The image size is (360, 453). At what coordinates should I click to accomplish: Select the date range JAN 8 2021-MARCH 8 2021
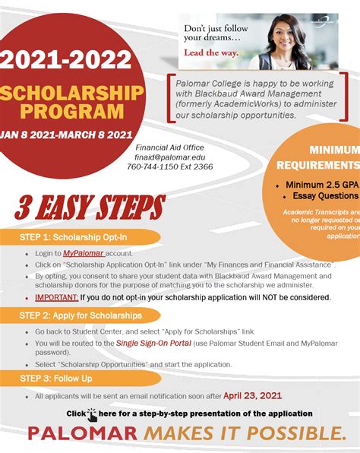click(67, 135)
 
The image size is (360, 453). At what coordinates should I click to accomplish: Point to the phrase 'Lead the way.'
click(210, 53)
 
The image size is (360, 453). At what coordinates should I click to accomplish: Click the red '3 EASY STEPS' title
click(89, 207)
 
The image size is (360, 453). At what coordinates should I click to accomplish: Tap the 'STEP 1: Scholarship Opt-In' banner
click(74, 237)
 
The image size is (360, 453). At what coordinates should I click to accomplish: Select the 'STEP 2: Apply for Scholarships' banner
click(81, 315)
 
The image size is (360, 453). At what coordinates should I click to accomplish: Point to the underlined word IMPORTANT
click(55, 297)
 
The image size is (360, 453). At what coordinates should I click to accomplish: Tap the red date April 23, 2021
click(253, 396)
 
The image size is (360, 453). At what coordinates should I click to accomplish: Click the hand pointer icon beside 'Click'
click(92, 414)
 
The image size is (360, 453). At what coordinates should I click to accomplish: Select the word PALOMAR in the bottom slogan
click(84, 434)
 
